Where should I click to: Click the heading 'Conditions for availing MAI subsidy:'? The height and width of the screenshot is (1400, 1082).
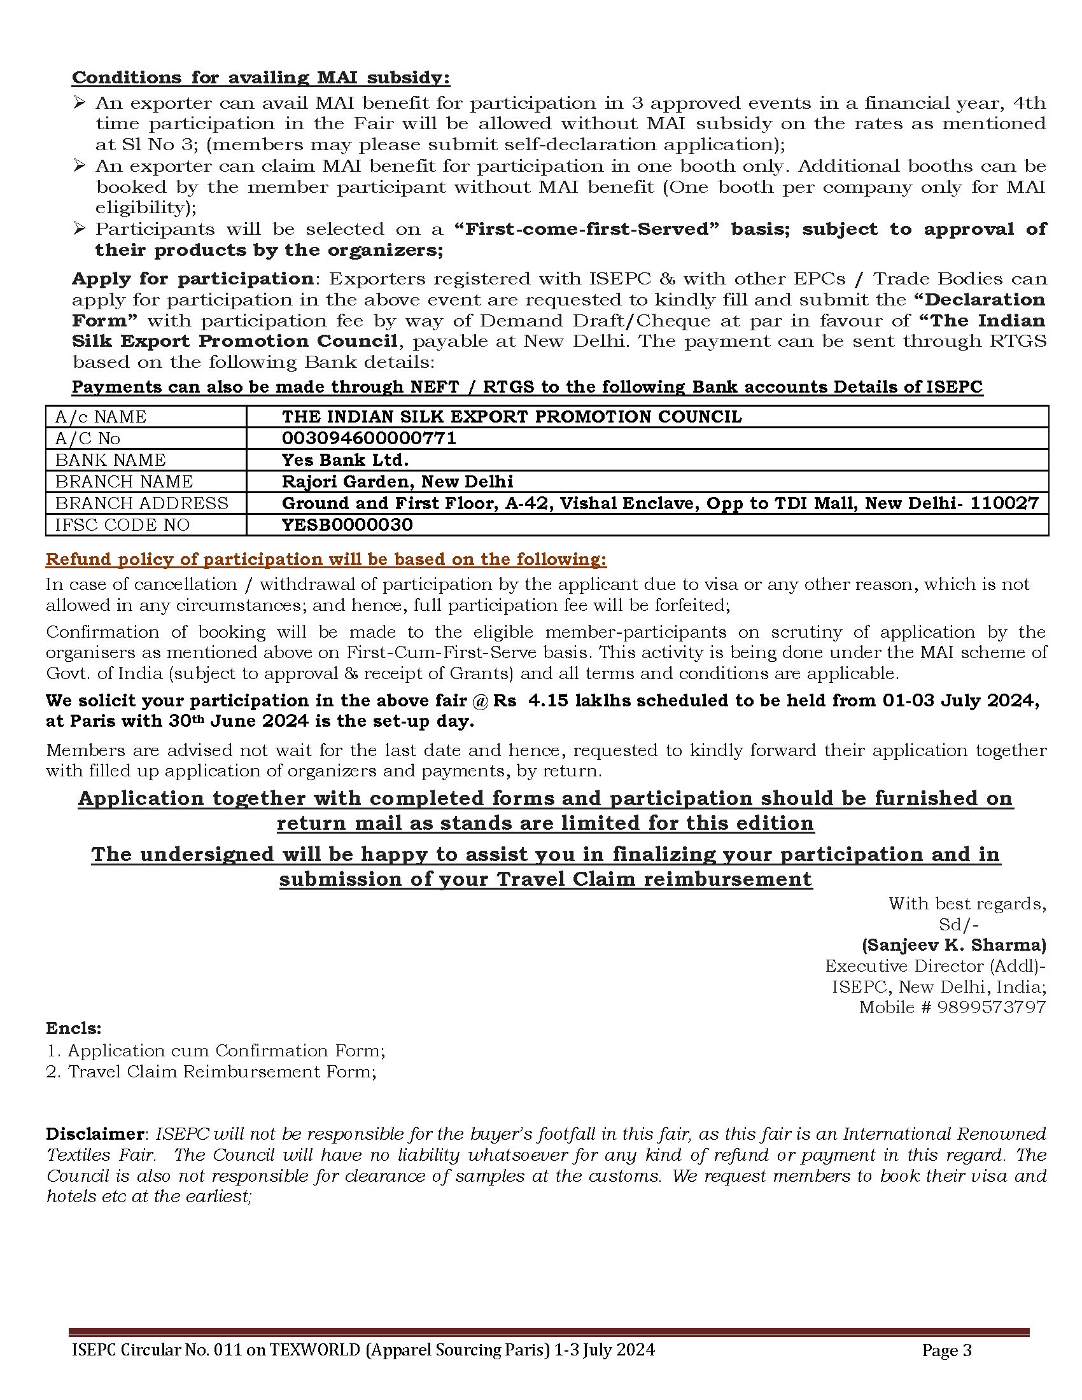point(260,78)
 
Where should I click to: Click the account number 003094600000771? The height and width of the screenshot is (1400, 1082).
point(369,438)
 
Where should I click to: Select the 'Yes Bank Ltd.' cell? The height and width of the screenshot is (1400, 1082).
point(345,460)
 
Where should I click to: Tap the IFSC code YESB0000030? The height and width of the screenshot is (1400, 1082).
point(347,525)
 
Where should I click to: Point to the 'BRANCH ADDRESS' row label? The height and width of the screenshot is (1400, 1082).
point(142,503)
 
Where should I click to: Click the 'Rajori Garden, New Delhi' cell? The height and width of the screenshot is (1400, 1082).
point(397,482)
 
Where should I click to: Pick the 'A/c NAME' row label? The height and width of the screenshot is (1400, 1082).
point(101,417)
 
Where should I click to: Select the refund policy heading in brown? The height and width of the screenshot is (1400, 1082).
point(326,559)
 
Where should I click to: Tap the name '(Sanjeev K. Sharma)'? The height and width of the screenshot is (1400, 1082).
point(954,945)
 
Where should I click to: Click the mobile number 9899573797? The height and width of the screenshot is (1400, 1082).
point(992,1007)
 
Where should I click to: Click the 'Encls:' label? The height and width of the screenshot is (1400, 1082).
point(74,1028)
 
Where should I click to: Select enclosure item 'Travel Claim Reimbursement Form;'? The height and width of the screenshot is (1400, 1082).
point(221,1071)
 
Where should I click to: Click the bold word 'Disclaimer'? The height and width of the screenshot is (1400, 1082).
point(95,1133)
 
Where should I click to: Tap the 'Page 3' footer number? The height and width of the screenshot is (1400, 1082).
point(947,1350)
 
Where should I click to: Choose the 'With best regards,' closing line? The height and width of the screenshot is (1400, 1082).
point(967,904)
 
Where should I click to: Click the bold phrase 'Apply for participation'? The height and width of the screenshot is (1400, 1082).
point(192,279)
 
